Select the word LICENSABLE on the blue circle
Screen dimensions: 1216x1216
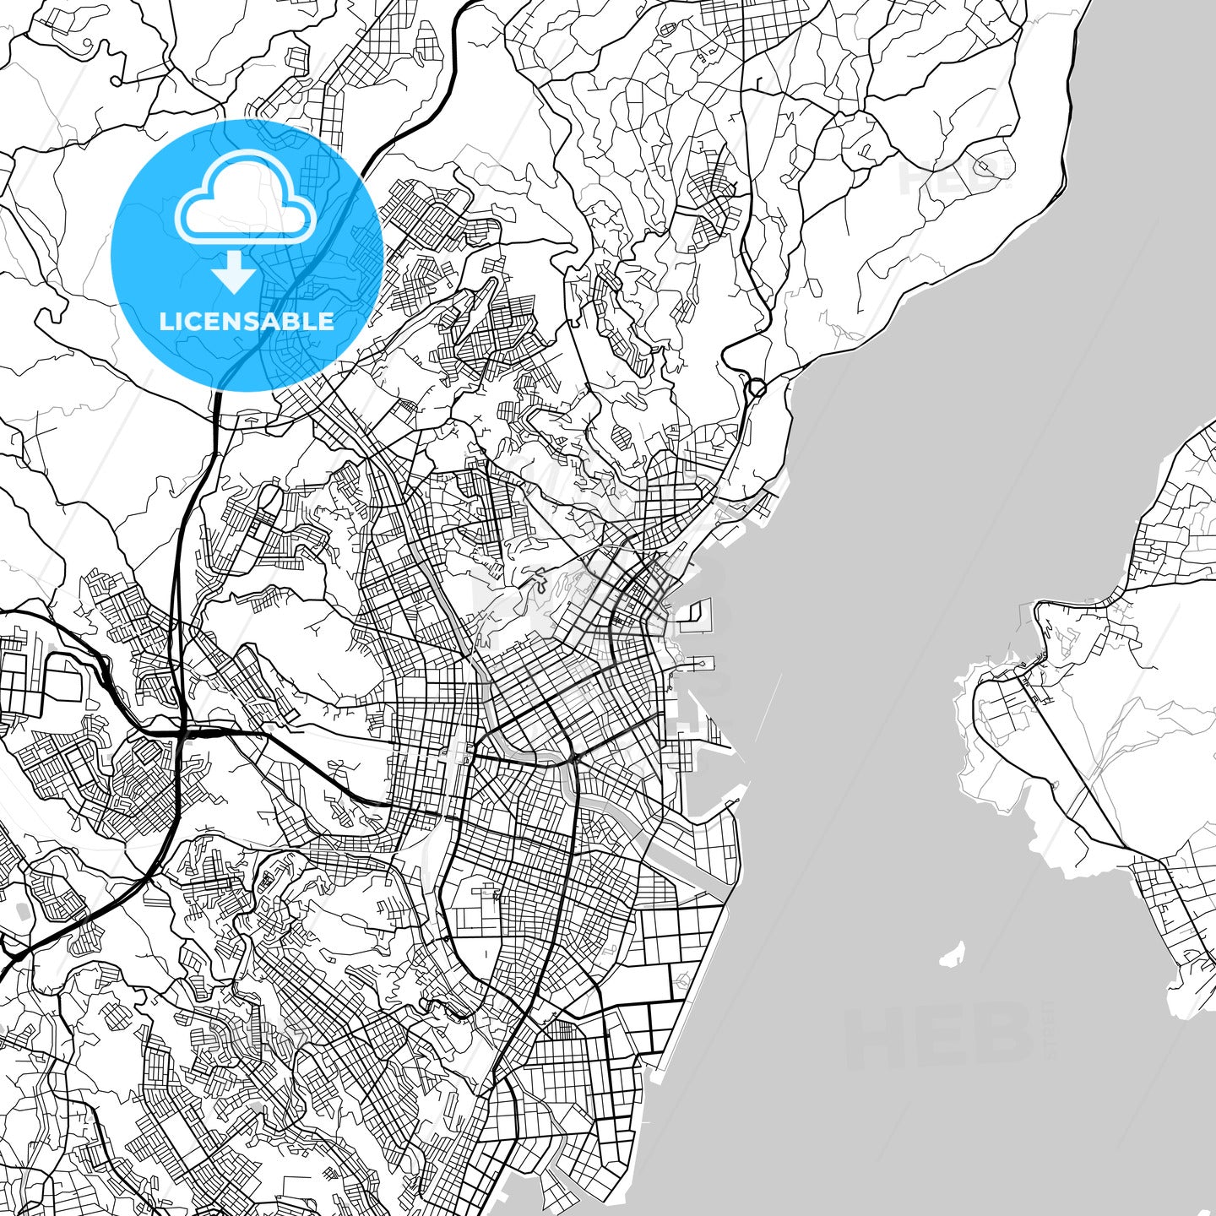point(247,322)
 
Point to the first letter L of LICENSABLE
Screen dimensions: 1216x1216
point(165,322)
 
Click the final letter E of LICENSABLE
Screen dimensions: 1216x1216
point(326,322)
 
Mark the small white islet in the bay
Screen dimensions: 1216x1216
point(953,955)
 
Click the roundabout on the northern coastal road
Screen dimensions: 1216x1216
point(757,388)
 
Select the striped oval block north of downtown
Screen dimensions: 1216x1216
point(621,437)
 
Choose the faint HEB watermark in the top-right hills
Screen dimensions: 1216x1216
point(954,173)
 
